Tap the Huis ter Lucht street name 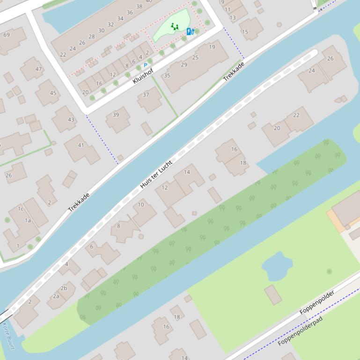(x=156, y=174)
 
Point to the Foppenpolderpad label (x=300, y=331)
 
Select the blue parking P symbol (x=145, y=65)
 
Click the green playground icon (x=175, y=27)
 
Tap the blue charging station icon (x=190, y=31)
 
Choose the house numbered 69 (x=7, y=35)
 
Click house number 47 (x=38, y=69)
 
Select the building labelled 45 (x=53, y=93)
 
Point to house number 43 (x=71, y=119)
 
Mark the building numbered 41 (x=81, y=145)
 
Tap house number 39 (x=116, y=115)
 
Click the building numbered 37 (x=146, y=94)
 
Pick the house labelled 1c (x=21, y=209)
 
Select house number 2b (x=64, y=288)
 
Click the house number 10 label (x=141, y=205)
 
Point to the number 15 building (x=245, y=32)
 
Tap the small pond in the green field (x=277, y=266)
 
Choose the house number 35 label (x=167, y=75)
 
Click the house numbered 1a (x=28, y=220)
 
